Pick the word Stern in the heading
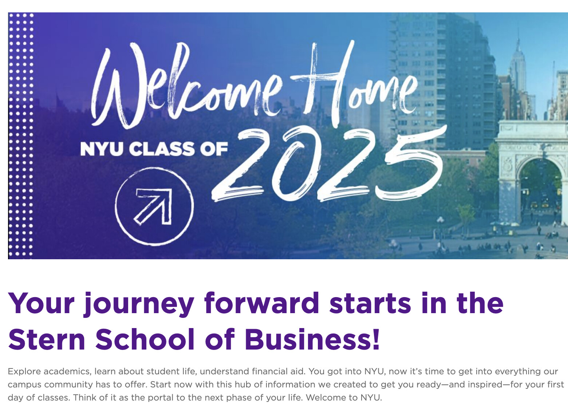click(47, 339)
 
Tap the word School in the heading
click(145, 339)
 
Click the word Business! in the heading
click(312, 339)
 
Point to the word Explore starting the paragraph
click(24, 372)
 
